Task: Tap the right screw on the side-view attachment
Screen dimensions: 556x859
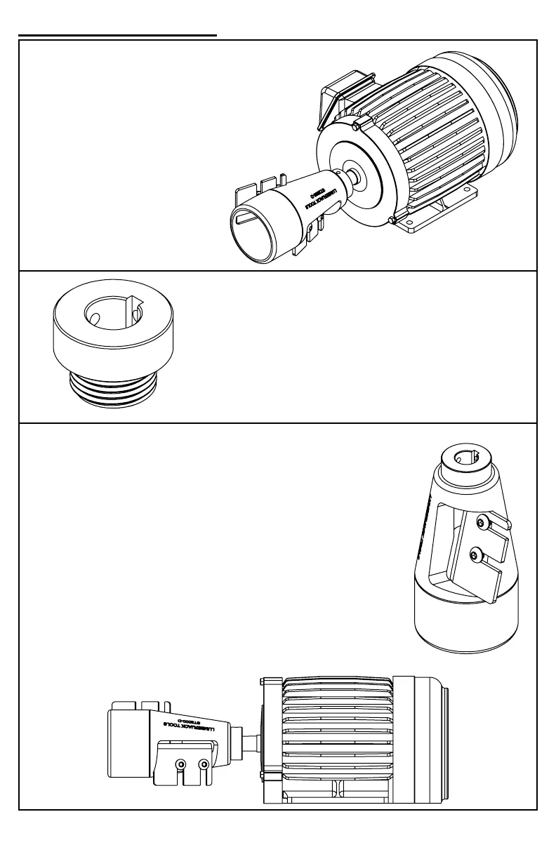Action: click(x=204, y=763)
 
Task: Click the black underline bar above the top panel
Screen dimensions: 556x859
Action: click(x=117, y=34)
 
